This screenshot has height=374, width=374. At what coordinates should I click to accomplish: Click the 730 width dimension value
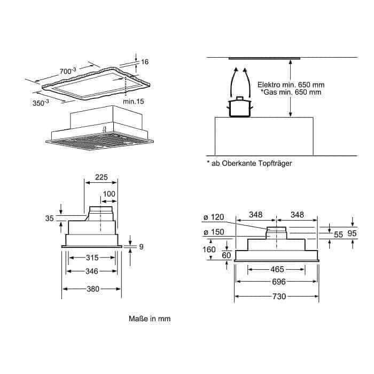(x=279, y=297)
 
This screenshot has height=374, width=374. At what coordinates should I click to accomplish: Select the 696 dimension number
(x=279, y=282)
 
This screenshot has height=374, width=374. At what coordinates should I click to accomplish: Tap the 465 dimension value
(x=277, y=269)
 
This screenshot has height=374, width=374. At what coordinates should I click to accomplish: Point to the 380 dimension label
(x=93, y=289)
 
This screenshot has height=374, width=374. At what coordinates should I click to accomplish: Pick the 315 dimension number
(x=92, y=258)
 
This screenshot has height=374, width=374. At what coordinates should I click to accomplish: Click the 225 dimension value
(x=102, y=177)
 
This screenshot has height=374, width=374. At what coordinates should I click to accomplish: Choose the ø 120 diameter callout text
(x=214, y=217)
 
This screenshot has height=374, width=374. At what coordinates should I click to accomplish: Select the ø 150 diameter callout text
(x=214, y=232)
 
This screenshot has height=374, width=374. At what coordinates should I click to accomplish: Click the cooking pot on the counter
(x=240, y=107)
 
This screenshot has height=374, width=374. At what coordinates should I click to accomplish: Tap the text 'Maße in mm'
(x=150, y=318)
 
